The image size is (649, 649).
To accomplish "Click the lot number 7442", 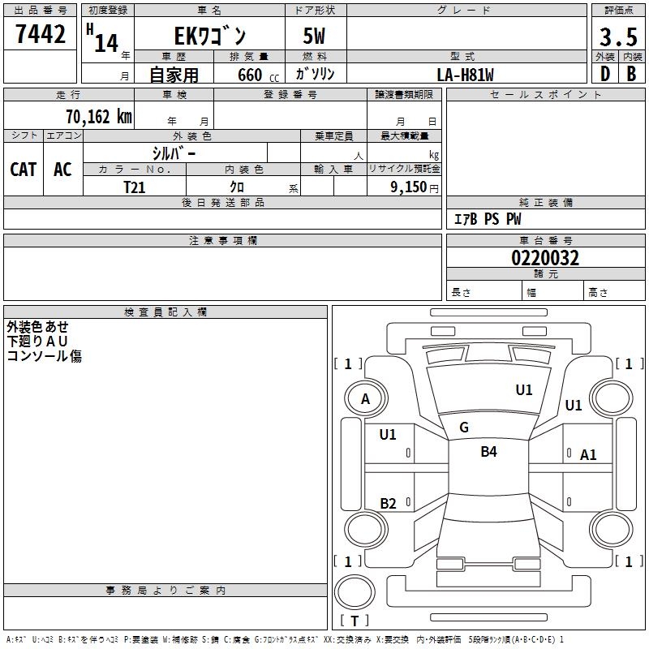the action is [x=41, y=34].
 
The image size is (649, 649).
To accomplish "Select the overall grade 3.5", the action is [x=618, y=37].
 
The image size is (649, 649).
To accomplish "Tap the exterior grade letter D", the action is [x=605, y=74].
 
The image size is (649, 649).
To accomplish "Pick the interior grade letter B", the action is [x=631, y=74].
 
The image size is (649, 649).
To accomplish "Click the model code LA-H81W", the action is [x=465, y=75].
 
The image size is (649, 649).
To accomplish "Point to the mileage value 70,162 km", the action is [x=99, y=117].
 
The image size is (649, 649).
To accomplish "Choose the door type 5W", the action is [x=314, y=36].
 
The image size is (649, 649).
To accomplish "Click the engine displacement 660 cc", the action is [x=258, y=75].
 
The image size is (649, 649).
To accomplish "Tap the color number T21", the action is [x=135, y=187].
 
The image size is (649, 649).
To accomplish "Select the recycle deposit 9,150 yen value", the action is [x=415, y=187].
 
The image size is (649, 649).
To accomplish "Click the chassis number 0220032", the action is [x=545, y=258].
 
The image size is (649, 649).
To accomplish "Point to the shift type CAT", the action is [x=24, y=170].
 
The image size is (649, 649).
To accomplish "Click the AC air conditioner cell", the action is [x=62, y=170].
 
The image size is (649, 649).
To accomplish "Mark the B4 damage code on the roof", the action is [x=489, y=452].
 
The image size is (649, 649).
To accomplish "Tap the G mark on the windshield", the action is [x=464, y=428].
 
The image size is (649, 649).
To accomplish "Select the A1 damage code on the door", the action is [x=588, y=455].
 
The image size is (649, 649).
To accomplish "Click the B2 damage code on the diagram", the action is [x=389, y=504].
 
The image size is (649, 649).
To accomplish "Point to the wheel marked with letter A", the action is [x=366, y=398].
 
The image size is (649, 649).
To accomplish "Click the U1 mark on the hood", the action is [x=524, y=390].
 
